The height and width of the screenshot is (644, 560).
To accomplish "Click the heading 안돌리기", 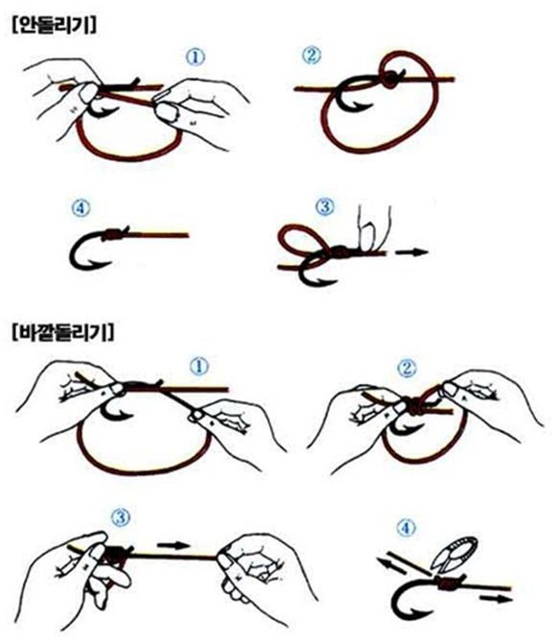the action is (55, 26).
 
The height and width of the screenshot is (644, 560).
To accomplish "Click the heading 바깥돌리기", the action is (63, 332).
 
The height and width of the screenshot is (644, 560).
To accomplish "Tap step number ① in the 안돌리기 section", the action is (196, 57).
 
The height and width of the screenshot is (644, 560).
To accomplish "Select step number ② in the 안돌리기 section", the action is (312, 55).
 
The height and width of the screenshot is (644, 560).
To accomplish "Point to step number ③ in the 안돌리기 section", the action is (325, 206).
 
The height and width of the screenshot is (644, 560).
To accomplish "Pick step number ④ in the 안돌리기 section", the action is (82, 208).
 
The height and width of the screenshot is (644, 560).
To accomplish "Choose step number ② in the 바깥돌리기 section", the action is (407, 369).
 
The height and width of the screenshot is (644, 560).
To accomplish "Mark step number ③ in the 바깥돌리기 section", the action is (121, 516).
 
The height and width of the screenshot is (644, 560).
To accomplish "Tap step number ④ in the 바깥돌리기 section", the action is (407, 528).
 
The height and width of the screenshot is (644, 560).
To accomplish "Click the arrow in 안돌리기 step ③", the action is (412, 252).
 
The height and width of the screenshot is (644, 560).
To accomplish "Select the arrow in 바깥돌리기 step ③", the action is (174, 545).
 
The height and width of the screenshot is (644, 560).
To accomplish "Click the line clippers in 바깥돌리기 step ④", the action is (455, 553).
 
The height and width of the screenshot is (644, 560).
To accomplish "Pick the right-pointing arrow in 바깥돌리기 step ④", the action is (496, 598).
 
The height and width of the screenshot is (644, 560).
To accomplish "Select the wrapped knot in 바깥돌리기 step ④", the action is (449, 583).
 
